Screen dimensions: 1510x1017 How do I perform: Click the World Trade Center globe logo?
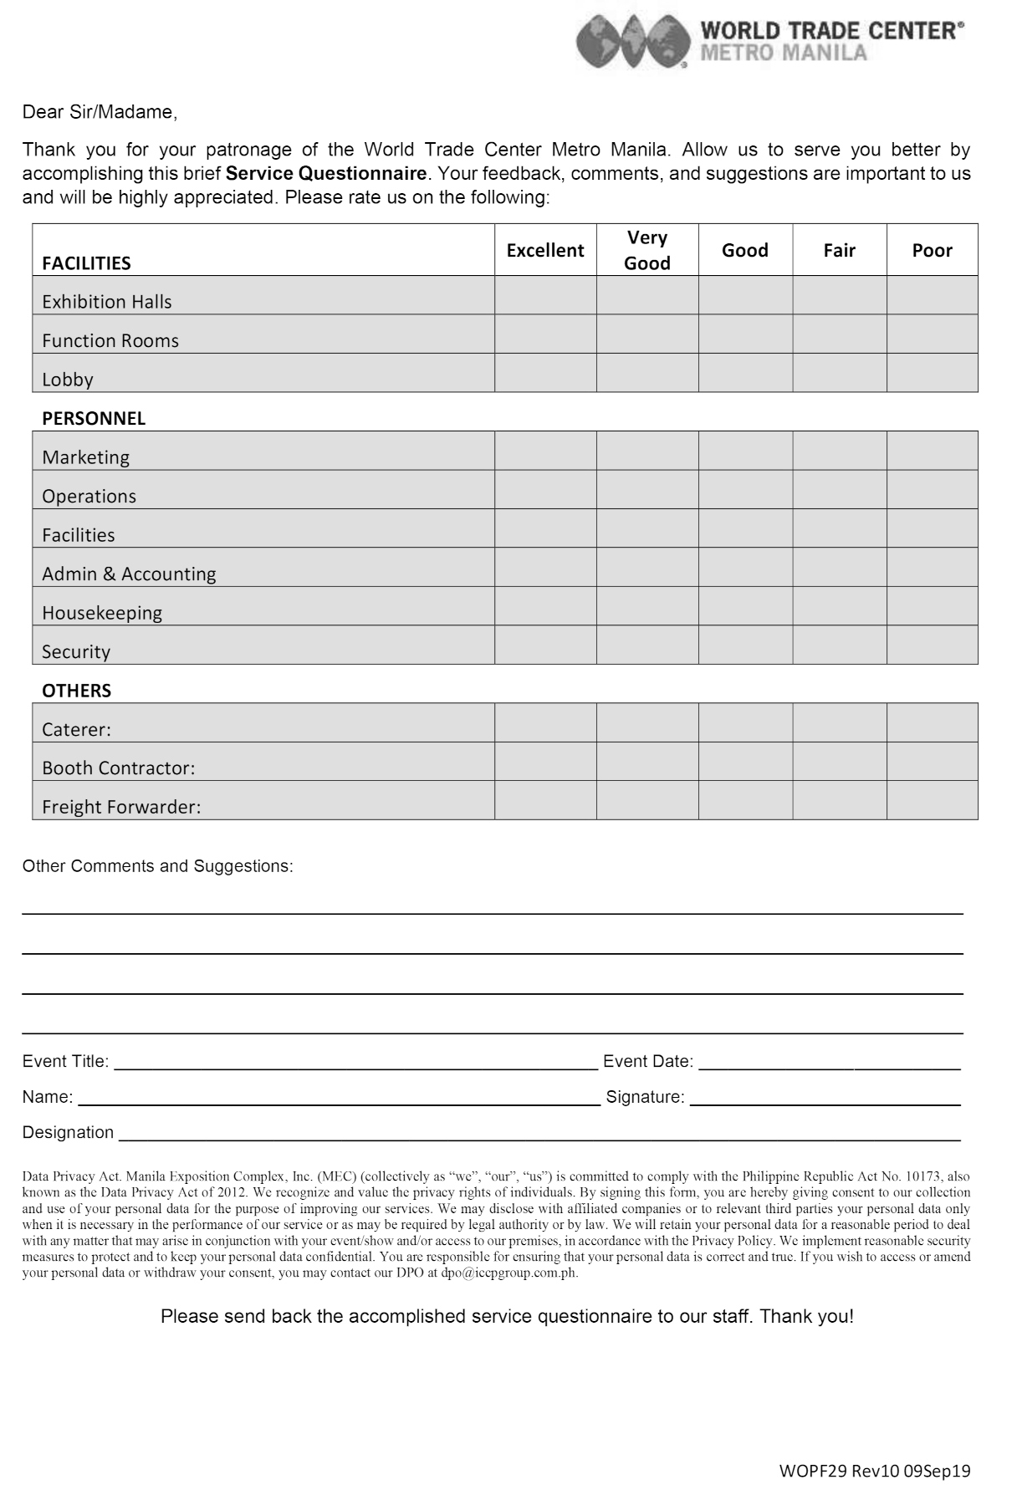pos(632,42)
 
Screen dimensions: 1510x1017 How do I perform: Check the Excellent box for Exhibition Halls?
pos(545,295)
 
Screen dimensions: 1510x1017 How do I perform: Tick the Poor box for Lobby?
pos(932,373)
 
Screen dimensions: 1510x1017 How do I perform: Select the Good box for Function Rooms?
pos(745,334)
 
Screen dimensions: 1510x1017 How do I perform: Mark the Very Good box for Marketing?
pos(647,451)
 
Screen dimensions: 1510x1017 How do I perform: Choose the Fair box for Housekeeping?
pos(839,606)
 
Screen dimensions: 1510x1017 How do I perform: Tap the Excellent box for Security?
pos(545,645)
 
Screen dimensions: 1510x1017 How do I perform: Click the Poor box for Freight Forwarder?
pos(932,800)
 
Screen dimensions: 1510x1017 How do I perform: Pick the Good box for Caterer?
pos(745,722)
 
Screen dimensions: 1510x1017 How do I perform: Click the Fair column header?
pos(839,250)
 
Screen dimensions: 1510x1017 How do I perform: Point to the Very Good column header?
pos(647,250)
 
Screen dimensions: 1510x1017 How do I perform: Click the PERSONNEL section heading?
pos(94,419)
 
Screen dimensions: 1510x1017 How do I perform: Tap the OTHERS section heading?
pos(76,691)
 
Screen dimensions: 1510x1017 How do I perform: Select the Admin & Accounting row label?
pos(129,574)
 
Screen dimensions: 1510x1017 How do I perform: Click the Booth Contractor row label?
pos(118,768)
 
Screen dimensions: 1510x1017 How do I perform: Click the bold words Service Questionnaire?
pos(326,174)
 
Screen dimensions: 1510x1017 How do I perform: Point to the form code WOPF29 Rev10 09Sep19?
pos(874,1471)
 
